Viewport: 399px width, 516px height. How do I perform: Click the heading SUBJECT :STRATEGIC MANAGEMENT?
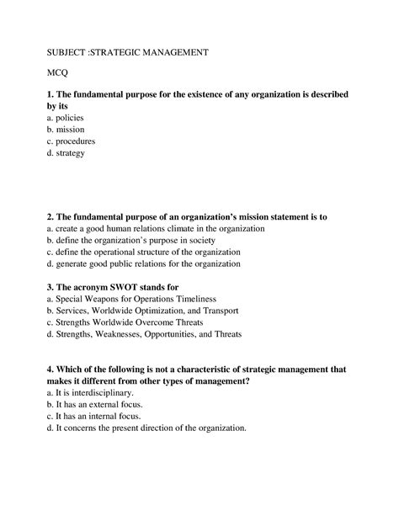(127, 52)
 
